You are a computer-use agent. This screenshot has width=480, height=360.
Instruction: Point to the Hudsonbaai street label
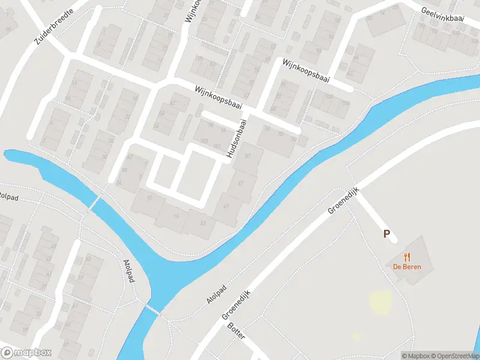pyautogui.click(x=236, y=139)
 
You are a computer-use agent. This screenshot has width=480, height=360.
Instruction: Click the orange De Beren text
pyautogui.click(x=407, y=267)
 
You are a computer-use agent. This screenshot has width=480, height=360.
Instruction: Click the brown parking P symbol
pyautogui.click(x=388, y=234)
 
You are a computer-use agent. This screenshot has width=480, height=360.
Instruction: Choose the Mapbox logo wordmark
pyautogui.click(x=27, y=353)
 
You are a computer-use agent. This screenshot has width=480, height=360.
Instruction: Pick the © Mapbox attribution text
pyautogui.click(x=414, y=355)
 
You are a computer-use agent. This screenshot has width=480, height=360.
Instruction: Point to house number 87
pyautogui.click(x=247, y=156)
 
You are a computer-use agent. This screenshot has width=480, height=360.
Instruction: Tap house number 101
pyautogui.click(x=217, y=146)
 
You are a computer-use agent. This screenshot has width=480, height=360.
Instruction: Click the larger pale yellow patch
pyautogui.click(x=379, y=302)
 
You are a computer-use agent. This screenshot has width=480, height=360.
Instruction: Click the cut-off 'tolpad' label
pyautogui.click(x=9, y=196)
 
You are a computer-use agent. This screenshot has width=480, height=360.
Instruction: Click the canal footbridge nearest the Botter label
pyautogui.click(x=152, y=310)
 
